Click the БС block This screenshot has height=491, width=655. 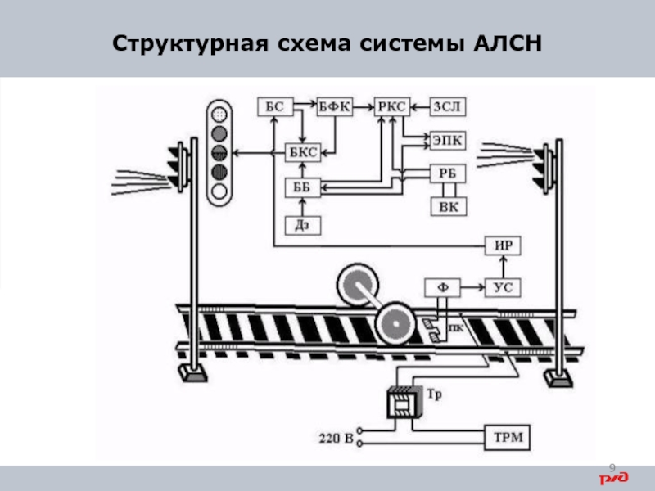coord(274,106)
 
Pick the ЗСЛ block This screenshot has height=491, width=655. coord(449,106)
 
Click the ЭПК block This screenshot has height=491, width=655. coord(448,141)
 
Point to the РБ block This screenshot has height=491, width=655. coord(448,173)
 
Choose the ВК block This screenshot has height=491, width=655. coord(448,206)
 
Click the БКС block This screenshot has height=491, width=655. coord(302,152)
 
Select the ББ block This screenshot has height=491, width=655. coord(302,187)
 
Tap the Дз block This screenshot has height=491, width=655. coord(302,223)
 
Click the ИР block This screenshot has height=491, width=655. coord(503,244)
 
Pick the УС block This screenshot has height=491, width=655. coord(503,287)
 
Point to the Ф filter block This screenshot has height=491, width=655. coord(442,287)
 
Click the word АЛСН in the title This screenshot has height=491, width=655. coord(508,42)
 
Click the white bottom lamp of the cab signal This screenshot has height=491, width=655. coord(219,193)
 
